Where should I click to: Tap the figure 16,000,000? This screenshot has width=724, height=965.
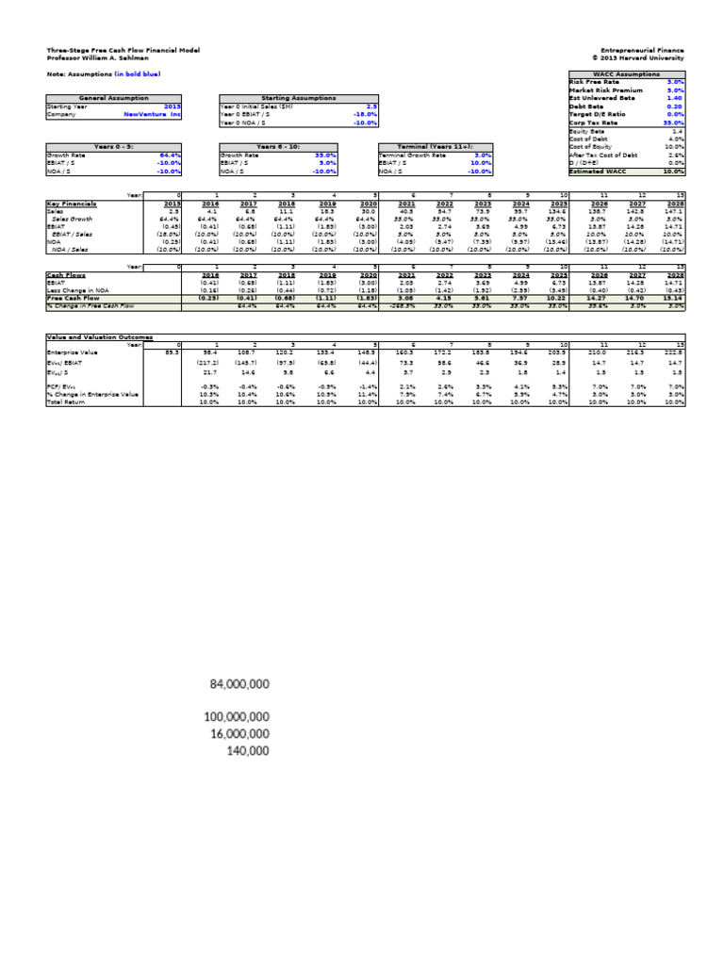[x=235, y=733]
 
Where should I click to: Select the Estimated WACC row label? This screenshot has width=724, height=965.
[x=596, y=172]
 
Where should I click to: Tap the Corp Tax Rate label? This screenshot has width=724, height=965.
[x=592, y=123]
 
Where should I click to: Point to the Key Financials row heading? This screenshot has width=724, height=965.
[x=72, y=204]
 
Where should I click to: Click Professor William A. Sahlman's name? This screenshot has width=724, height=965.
[x=97, y=57]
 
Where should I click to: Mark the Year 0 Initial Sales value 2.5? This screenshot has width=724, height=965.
[x=371, y=106]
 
